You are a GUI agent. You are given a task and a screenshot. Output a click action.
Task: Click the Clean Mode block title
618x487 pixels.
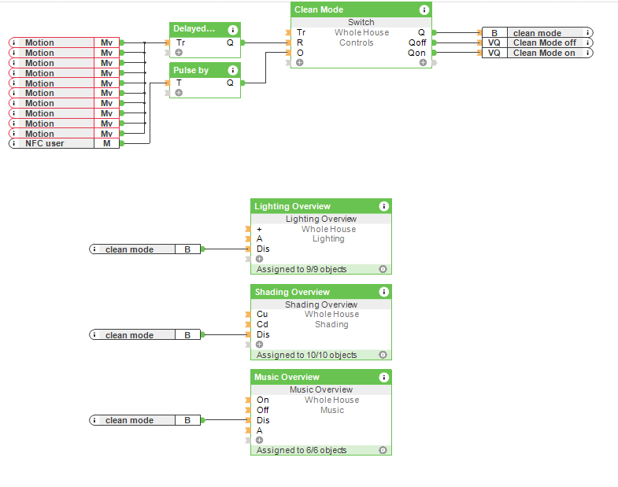[x=319, y=9]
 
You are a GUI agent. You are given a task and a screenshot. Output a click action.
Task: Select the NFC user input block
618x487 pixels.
[x=55, y=143]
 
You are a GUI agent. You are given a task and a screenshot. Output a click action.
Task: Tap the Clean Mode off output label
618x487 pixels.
[x=544, y=42]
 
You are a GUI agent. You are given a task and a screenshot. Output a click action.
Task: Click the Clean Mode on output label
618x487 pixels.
[x=544, y=53]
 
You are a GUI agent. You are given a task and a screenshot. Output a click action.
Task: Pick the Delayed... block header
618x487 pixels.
[x=194, y=29]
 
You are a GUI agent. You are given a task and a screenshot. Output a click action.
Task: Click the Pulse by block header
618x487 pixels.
[x=191, y=70]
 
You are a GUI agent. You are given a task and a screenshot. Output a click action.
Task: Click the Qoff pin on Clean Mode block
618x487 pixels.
[x=416, y=42]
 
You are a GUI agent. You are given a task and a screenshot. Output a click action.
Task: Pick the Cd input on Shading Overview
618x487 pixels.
[x=262, y=324]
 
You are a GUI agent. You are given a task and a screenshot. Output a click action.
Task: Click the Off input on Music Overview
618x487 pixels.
[x=263, y=410]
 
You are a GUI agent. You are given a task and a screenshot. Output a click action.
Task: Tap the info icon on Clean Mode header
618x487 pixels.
[x=424, y=9]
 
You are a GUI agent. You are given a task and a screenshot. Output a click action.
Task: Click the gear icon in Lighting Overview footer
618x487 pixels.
[x=383, y=269]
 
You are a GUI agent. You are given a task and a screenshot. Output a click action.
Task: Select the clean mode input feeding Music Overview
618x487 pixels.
[x=130, y=420]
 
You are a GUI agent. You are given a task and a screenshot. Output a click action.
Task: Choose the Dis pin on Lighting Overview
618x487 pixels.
[x=263, y=249]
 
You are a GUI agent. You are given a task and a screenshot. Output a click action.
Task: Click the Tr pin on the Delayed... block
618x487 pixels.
[x=181, y=42]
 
